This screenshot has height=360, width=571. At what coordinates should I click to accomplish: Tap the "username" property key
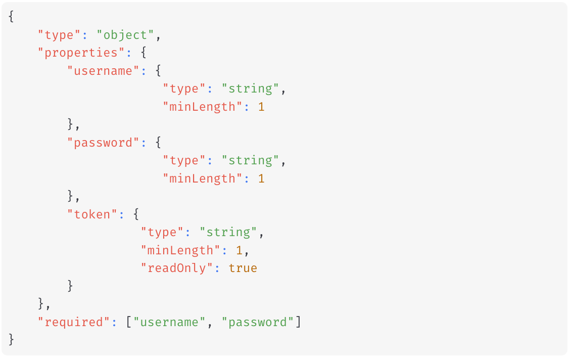104,71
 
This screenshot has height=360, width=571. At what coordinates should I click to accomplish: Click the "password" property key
104,143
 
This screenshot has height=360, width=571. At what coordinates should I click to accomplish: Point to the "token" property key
92,215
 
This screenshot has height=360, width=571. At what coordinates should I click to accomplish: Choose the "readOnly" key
173,268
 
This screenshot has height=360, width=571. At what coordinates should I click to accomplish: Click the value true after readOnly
243,268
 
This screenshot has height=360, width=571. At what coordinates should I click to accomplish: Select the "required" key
74,322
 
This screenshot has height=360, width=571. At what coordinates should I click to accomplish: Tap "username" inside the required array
170,322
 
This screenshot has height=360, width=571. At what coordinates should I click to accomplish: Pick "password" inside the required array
258,322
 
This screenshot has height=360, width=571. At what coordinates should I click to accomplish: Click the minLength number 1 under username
261,107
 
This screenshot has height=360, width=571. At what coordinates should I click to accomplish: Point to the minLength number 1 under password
261,179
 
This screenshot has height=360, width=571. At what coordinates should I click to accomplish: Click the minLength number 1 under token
239,251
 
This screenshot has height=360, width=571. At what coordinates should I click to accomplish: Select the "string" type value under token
228,233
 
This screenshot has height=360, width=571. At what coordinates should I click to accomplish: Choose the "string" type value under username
251,89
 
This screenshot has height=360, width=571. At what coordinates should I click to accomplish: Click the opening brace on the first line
12,17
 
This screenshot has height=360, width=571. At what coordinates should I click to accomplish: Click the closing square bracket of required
298,322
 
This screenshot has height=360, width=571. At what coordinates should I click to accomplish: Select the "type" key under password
184,161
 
